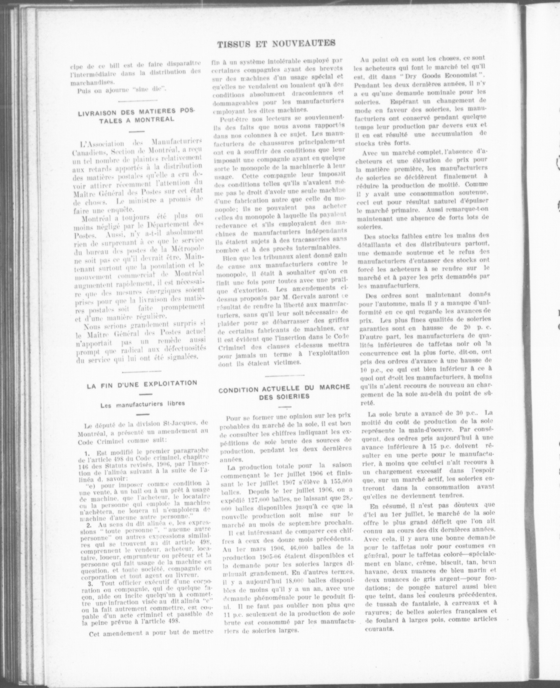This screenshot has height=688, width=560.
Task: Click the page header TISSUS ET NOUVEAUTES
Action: pyautogui.click(x=276, y=44)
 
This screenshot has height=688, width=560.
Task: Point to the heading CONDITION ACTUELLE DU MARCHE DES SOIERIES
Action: pyautogui.click(x=284, y=392)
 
